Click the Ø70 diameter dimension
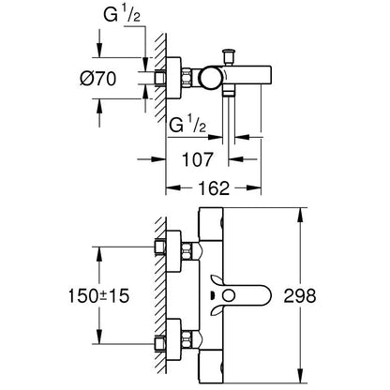click(x=97, y=79)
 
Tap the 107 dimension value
click(x=197, y=159)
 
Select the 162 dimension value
click(x=214, y=187)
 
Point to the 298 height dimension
click(x=300, y=295)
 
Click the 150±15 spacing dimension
click(x=98, y=295)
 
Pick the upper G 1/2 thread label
click(x=122, y=15)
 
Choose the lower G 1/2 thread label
click(x=187, y=126)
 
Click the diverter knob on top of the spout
click(x=228, y=56)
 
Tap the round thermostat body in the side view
click(x=212, y=78)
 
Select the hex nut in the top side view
click(x=186, y=78)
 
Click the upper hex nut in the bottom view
click(x=186, y=252)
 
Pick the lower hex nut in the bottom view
click(x=186, y=339)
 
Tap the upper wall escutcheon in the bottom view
click(x=173, y=251)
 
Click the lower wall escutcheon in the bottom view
click(x=173, y=339)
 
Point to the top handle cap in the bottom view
click(x=211, y=224)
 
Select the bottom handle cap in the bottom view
click(x=211, y=367)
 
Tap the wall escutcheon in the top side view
click(x=172, y=78)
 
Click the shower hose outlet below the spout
click(x=229, y=92)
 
